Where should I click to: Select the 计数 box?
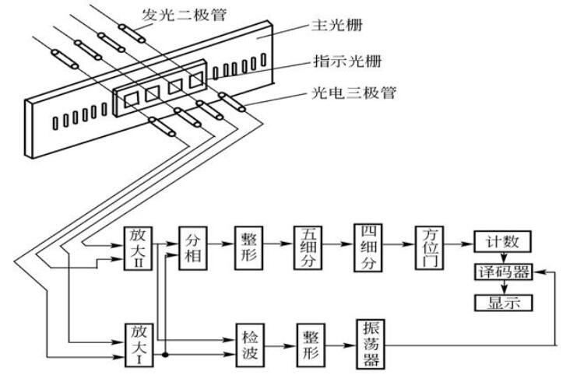pos(503,243)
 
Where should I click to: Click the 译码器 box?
pos(503,272)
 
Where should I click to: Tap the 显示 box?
pos(503,302)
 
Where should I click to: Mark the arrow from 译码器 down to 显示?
pos(503,287)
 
